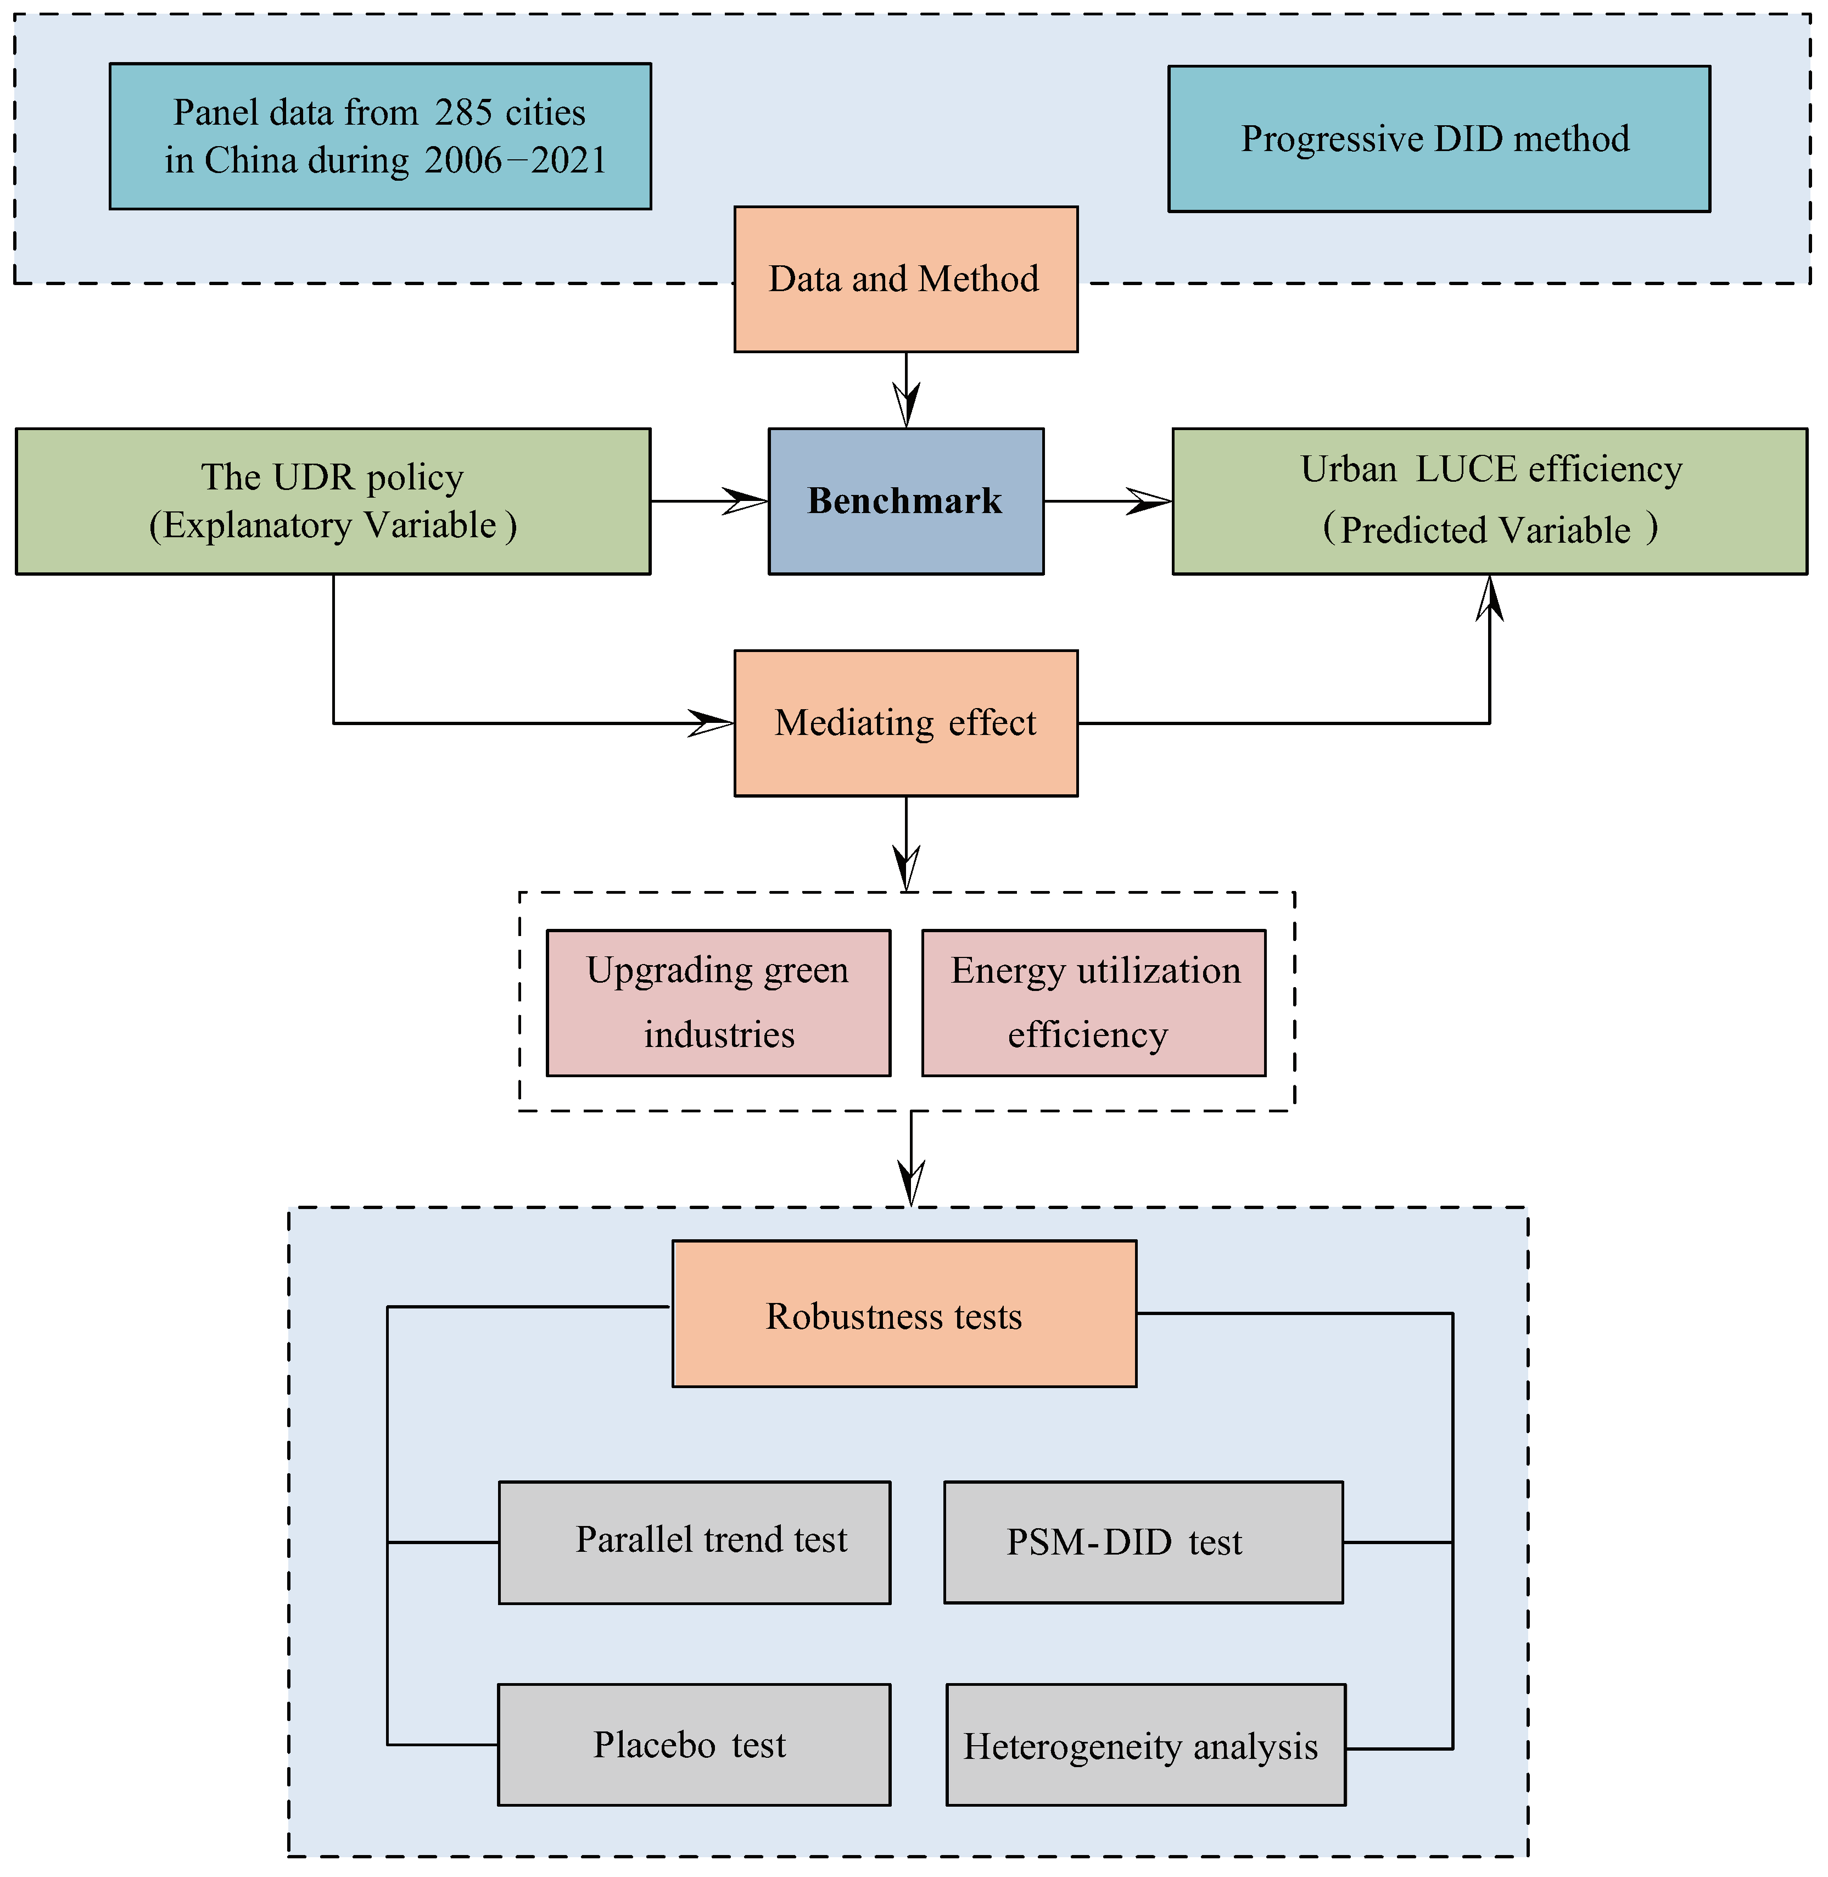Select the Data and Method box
pyautogui.click(x=905, y=279)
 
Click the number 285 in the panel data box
pyautogui.click(x=463, y=113)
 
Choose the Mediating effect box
pyautogui.click(x=905, y=722)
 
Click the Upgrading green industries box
pyautogui.click(x=718, y=1002)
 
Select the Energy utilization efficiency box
pyautogui.click(x=1093, y=1002)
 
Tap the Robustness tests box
pyautogui.click(x=903, y=1314)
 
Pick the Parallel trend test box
pyautogui.click(x=694, y=1542)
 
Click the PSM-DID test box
pyautogui.click(x=1143, y=1542)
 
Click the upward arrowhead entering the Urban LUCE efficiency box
pyautogui.click(x=1489, y=598)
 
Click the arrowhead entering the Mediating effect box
pyautogui.click(x=712, y=722)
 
